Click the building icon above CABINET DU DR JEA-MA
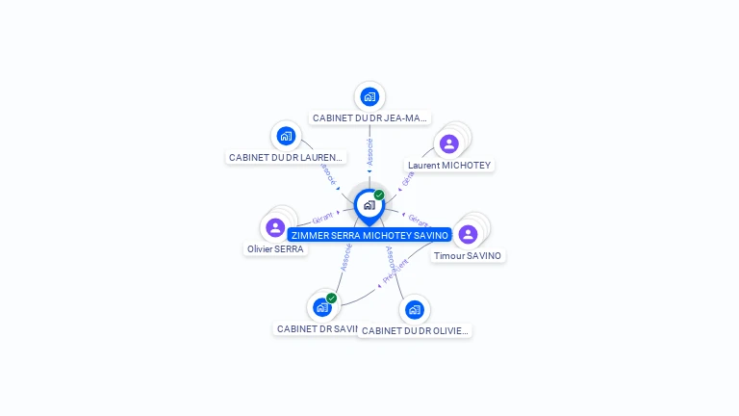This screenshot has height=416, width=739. tap(369, 97)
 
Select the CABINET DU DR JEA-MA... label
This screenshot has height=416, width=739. tap(369, 118)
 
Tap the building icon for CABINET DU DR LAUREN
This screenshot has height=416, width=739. tap(285, 136)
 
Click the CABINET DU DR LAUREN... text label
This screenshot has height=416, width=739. tap(286, 157)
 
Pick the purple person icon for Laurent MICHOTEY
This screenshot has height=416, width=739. tap(448, 144)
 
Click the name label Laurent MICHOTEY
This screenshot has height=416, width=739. tap(449, 166)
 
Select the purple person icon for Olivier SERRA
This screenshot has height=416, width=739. tap(275, 228)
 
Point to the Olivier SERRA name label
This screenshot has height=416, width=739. tap(275, 249)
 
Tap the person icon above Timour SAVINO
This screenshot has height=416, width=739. tap(468, 235)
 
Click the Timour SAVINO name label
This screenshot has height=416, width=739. tap(468, 256)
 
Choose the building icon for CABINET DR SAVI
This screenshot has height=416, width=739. tap(321, 308)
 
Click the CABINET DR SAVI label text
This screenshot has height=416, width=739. tap(317, 329)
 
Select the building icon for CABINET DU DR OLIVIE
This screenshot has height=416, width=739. tap(414, 309)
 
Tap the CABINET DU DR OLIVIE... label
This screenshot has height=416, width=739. tap(415, 331)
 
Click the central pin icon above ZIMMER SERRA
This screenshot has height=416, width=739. tap(369, 205)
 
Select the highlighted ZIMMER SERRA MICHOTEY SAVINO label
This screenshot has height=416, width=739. tap(369, 235)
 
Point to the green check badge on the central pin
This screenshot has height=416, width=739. tap(379, 195)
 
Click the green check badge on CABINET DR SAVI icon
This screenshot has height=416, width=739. tap(331, 299)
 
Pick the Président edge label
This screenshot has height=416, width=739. tap(395, 270)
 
